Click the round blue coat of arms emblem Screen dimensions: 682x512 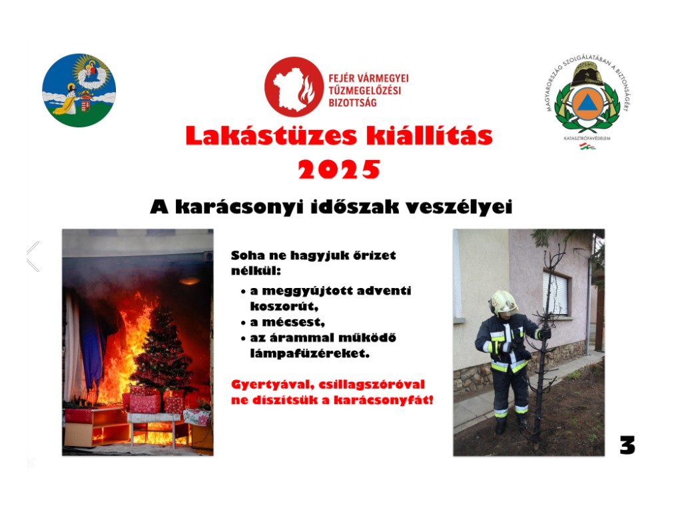[x=79, y=90]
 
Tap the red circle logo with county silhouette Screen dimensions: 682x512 [x=294, y=87]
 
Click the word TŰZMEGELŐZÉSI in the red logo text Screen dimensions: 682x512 [x=365, y=91]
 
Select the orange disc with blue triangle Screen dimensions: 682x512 [x=587, y=103]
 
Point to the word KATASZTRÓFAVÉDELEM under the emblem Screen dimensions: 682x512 [x=587, y=139]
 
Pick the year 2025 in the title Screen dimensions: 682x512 [x=339, y=169]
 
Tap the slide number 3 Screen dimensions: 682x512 [x=627, y=445]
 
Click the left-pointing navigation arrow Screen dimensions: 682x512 [x=33, y=257]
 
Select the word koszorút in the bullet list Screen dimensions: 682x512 [x=284, y=306]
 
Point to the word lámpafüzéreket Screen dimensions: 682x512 [x=310, y=353]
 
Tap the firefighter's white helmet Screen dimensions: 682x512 [x=503, y=303]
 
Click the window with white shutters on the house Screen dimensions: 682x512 [x=555, y=293]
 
